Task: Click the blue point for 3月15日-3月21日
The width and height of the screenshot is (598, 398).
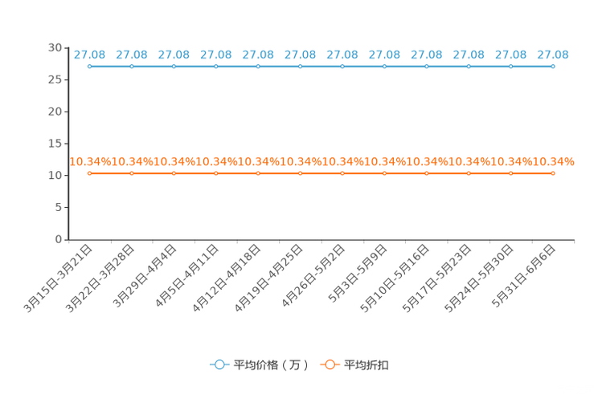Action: (90, 67)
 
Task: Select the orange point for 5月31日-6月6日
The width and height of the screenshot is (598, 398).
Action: (553, 173)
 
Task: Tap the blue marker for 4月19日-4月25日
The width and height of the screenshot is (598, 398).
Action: (300, 67)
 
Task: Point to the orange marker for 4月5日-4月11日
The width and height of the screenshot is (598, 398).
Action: (216, 173)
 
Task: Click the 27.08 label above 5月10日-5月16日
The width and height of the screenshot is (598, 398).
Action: (426, 55)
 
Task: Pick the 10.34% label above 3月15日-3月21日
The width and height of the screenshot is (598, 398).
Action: (90, 162)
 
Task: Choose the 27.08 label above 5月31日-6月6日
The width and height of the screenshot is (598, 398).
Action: (553, 55)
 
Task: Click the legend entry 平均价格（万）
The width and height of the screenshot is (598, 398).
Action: (271, 365)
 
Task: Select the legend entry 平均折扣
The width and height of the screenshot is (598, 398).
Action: (367, 365)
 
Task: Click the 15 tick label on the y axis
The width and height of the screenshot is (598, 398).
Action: (55, 143)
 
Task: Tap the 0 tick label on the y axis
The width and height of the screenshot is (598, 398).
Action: (59, 239)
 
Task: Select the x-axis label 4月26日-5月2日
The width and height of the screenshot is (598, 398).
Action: (313, 276)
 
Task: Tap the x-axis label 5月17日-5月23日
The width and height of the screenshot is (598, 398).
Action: (437, 278)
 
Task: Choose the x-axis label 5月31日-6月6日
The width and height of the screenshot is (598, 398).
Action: (523, 276)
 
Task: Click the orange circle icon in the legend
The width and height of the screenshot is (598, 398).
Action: (330, 365)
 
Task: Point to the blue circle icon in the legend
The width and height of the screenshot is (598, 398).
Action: (219, 365)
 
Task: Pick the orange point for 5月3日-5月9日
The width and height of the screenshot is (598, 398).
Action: (384, 173)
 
